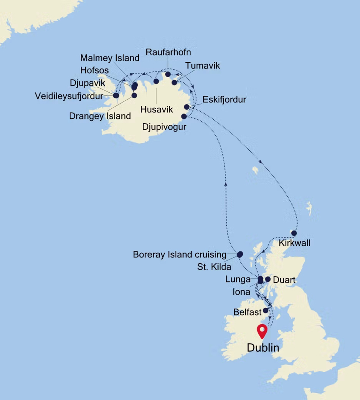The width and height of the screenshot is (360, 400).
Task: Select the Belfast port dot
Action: pyautogui.click(x=265, y=311)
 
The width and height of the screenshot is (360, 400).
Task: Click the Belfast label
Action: pyautogui.click(x=248, y=312)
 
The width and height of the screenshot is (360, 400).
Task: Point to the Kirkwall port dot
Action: pyautogui.click(x=294, y=233)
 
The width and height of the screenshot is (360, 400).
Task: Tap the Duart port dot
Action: pyautogui.click(x=268, y=279)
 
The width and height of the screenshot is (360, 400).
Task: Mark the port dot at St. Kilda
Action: pyautogui.click(x=240, y=254)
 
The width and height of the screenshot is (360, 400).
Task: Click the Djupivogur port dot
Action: pyautogui.click(x=184, y=116)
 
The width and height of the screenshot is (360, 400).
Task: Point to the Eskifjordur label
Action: pyautogui.click(x=224, y=99)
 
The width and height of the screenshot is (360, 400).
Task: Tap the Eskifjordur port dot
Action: pyautogui.click(x=187, y=107)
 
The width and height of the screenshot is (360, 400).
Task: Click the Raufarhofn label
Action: pyautogui.click(x=168, y=52)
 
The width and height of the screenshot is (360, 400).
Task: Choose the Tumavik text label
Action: pyautogui.click(x=202, y=65)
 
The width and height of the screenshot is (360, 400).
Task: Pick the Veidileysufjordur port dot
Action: pyautogui.click(x=116, y=95)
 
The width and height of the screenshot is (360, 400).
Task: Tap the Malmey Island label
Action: pyautogui.click(x=109, y=58)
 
